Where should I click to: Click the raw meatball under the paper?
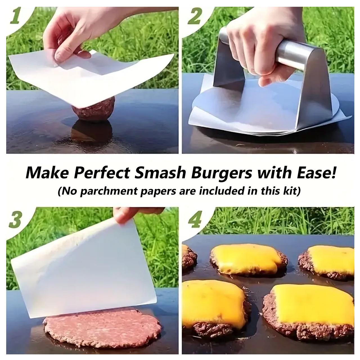click(93, 109)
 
